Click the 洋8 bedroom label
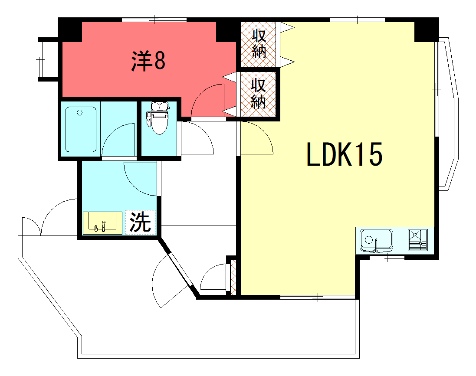tap(148, 61)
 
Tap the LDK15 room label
tap(344, 154)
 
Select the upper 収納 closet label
tap(259, 44)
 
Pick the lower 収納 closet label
tap(259, 94)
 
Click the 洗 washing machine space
tap(140, 222)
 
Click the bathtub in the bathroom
tap(81, 129)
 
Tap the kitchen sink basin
tap(376, 240)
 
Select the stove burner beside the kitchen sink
tap(418, 240)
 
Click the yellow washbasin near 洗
tap(102, 223)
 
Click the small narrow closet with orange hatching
tap(233, 277)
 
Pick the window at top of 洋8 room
tap(154, 20)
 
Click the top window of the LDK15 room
tap(357, 20)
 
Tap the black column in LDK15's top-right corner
tap(427, 30)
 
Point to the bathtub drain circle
tap(79, 113)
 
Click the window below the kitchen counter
tap(387, 258)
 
